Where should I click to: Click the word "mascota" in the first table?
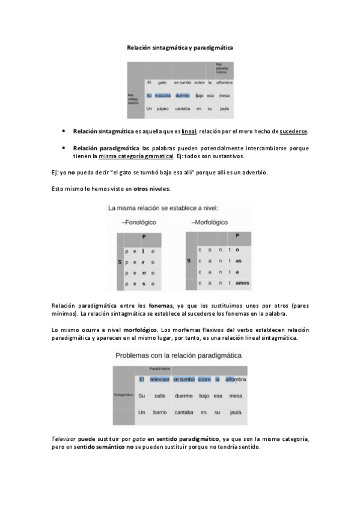click(162, 96)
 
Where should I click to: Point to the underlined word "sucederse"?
click(294, 131)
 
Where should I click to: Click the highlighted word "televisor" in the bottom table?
click(160, 379)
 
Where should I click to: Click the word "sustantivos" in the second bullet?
click(224, 156)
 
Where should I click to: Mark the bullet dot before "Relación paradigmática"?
click(64, 147)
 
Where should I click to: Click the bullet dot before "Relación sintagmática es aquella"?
click(64, 131)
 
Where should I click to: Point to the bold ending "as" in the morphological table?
click(239, 261)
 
